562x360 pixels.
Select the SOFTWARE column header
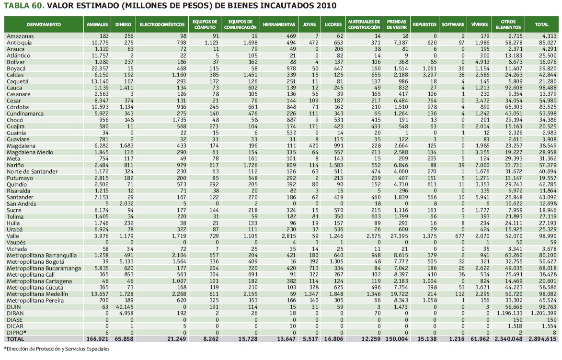[x=453, y=24]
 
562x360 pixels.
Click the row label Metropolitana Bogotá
[x=34, y=261]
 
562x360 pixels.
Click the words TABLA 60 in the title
[x=23, y=6]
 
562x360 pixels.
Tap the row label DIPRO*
[x=15, y=332]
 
